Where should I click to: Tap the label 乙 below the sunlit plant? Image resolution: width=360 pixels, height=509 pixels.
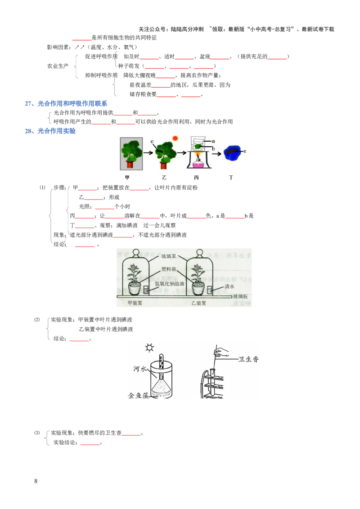point(164,178)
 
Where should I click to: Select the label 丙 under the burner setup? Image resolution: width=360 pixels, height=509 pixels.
point(197,178)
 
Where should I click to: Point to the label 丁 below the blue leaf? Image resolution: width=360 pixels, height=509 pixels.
point(231,178)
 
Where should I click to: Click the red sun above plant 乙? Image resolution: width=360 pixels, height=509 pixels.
point(175,138)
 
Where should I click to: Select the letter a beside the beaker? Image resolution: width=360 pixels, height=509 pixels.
point(213,141)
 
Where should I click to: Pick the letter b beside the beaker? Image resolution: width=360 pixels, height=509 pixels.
point(213,148)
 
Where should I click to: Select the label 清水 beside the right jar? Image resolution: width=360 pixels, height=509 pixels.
point(230,286)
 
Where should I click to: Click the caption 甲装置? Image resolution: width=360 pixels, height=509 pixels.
point(135,303)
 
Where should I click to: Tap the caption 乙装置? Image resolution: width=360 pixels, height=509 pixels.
point(198,303)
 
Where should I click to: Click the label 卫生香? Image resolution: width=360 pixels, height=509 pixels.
point(248,359)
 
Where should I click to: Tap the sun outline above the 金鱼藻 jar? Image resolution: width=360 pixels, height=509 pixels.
point(149,348)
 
